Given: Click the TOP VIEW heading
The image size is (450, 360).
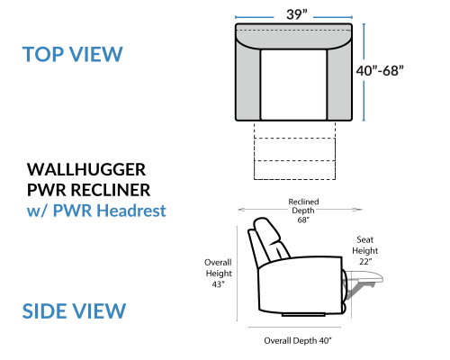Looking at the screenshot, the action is (x=73, y=54).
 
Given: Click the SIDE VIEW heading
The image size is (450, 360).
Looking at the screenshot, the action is (x=74, y=311).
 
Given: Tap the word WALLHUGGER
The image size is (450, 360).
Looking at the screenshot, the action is (x=86, y=170).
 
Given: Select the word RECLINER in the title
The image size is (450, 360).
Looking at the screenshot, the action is (x=111, y=190).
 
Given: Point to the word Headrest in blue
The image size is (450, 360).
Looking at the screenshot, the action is (x=131, y=211).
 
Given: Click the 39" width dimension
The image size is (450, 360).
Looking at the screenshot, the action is (x=297, y=14).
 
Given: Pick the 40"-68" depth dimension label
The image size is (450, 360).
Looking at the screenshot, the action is (x=380, y=71).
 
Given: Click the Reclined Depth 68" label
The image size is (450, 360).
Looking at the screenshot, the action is (x=303, y=211).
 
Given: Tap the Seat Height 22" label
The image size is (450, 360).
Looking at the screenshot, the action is (x=364, y=250).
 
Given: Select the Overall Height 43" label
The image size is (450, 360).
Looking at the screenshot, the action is (x=219, y=274).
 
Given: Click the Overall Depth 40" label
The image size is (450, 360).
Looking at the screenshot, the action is (x=298, y=341).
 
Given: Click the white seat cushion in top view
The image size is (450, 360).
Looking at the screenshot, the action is (x=293, y=85).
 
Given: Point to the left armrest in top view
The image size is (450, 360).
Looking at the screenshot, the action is (x=248, y=81).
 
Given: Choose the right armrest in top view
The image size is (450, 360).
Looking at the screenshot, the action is (x=339, y=81).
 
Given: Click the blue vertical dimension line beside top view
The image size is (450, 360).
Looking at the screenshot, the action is (x=364, y=72).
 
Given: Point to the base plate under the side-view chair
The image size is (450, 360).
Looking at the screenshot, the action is (x=303, y=315).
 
